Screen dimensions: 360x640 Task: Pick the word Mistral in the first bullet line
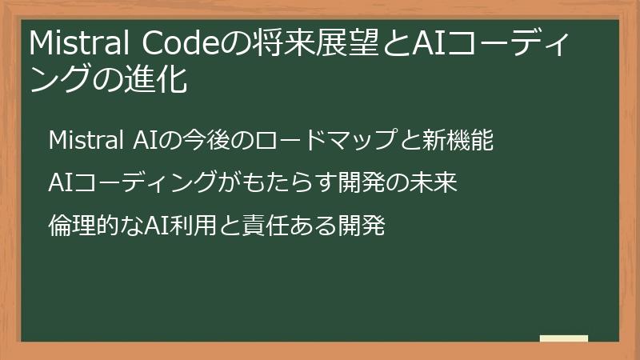(84, 142)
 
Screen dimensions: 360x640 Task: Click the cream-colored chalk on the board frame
(564, 339)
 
